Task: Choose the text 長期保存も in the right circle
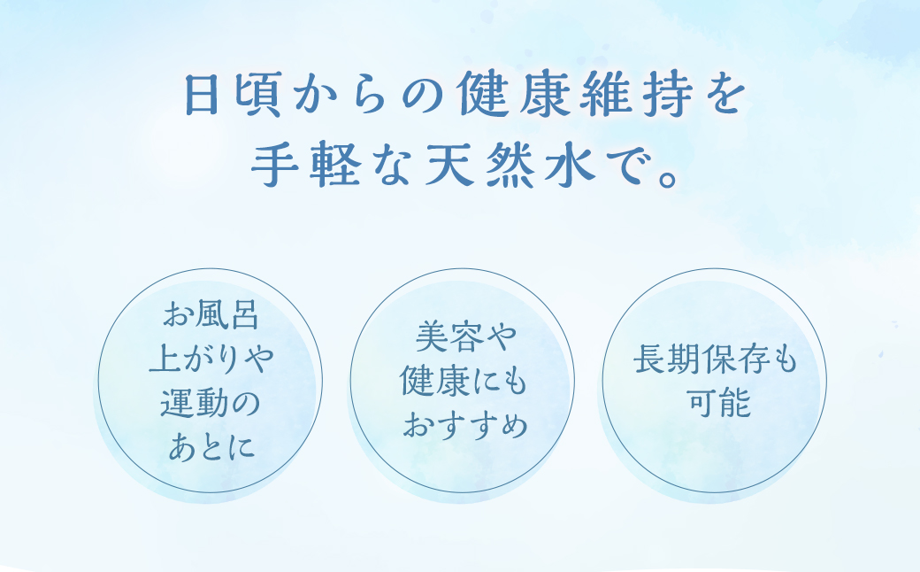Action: point(715,361)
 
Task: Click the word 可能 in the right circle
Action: point(715,405)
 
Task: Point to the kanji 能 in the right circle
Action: point(733,405)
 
